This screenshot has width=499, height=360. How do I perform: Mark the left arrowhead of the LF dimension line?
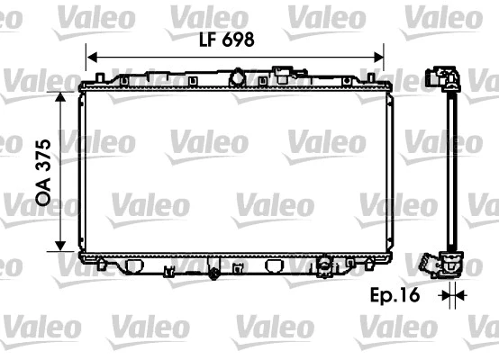(x=90, y=57)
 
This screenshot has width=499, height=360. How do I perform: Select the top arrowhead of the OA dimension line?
(x=59, y=94)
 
